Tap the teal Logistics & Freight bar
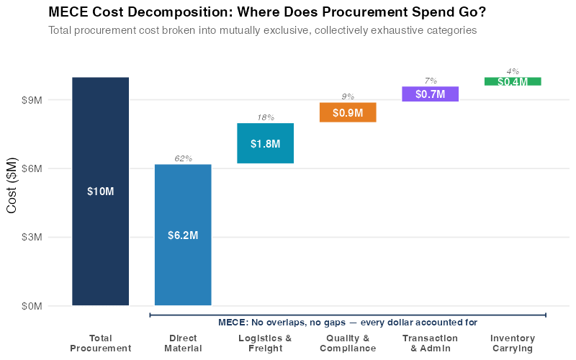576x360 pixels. point(265,154)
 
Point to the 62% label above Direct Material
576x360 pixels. point(183,158)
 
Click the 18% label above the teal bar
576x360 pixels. point(265,117)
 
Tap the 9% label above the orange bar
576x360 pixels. point(348,96)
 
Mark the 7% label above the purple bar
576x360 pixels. point(431,81)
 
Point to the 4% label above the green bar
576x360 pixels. point(513,71)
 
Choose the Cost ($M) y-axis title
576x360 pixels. point(12,184)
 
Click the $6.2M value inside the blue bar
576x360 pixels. point(183,235)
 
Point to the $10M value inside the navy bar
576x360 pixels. point(100,192)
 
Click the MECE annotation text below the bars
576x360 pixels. point(348,322)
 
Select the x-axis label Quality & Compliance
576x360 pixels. point(348,343)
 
